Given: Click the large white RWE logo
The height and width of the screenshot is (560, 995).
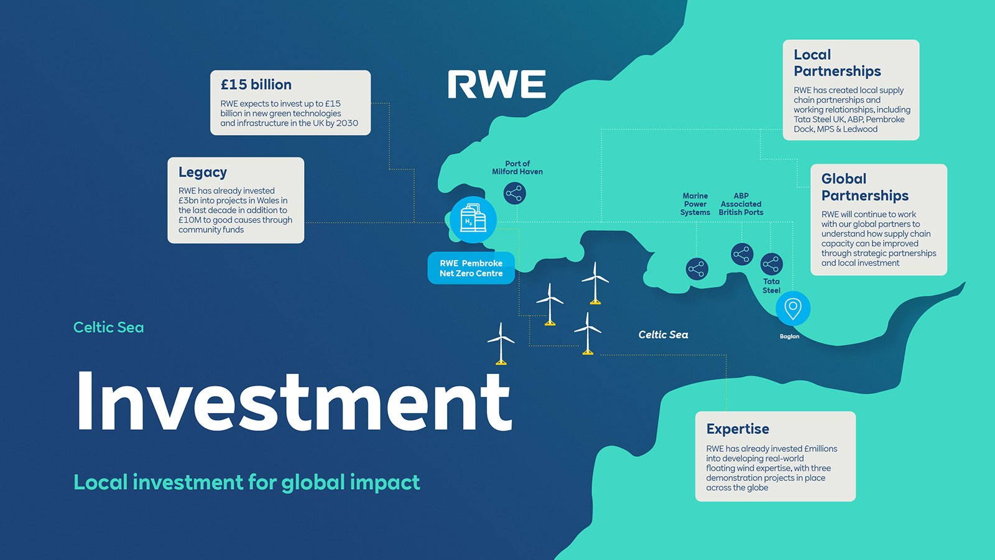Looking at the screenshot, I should [x=496, y=85].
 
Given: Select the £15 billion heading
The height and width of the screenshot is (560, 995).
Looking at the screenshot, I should [x=256, y=85].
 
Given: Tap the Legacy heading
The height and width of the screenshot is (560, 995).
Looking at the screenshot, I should [x=203, y=172].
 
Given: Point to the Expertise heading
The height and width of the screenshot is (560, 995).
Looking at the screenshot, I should [x=738, y=429].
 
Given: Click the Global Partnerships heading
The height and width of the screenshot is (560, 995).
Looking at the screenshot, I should [x=864, y=187].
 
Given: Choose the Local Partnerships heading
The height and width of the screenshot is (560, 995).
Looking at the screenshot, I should [x=837, y=63].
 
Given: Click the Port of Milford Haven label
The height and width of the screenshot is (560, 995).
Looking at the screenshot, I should [x=517, y=168].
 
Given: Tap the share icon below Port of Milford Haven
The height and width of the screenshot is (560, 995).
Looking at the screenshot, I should [x=514, y=194].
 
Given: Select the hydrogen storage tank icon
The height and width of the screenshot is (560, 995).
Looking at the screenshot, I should [x=473, y=220].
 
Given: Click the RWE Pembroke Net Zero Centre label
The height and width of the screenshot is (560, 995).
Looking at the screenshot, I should [x=471, y=268].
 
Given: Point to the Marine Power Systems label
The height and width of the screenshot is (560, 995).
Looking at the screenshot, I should [x=695, y=204].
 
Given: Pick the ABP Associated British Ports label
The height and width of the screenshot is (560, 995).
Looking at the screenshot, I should [x=741, y=204].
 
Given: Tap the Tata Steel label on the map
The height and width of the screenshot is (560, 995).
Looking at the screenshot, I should [x=771, y=286].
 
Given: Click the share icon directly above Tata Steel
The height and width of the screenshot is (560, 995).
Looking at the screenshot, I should [x=771, y=264].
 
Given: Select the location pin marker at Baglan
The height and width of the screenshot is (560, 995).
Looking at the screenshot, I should [x=792, y=308].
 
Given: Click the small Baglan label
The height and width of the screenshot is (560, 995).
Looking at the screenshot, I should [x=789, y=337].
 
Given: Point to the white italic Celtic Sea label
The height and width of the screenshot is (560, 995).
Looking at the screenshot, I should [x=663, y=335].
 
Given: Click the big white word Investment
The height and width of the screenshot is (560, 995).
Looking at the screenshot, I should [x=294, y=401].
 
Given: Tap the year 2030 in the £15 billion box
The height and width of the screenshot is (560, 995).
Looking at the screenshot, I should [x=347, y=123].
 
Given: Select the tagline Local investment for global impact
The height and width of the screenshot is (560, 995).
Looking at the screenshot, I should [x=246, y=483].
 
